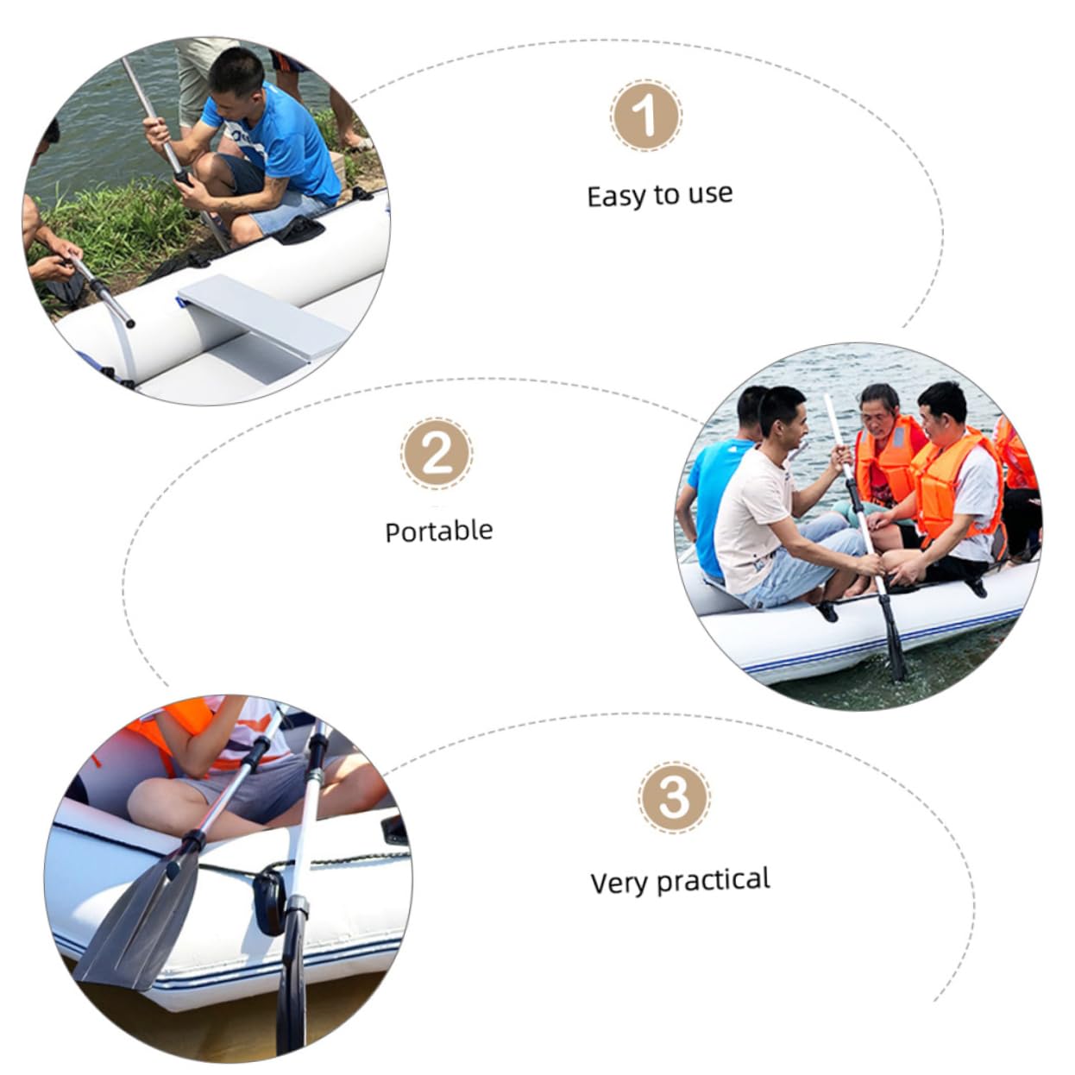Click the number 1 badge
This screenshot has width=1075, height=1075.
tap(645, 115)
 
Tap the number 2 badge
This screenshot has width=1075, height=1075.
tap(437, 453)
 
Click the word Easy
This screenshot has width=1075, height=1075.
tap(615, 197)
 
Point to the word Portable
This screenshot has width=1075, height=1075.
tap(439, 531)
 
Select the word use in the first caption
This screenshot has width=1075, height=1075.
tap(711, 194)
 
